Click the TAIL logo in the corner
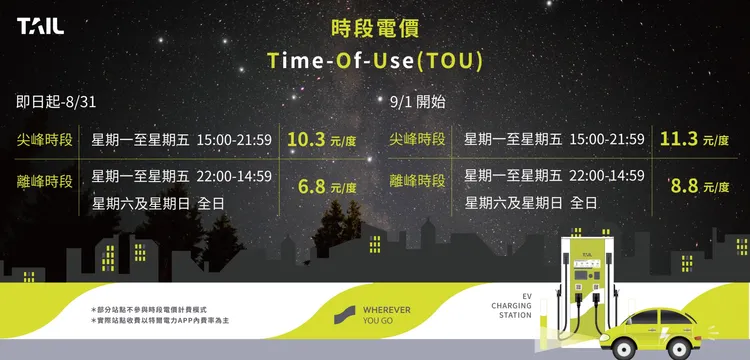click(x=41, y=26)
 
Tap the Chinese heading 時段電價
click(x=375, y=29)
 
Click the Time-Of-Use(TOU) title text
click(x=375, y=61)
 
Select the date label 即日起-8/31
click(x=56, y=102)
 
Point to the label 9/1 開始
click(x=418, y=102)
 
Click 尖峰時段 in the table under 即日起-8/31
click(x=45, y=140)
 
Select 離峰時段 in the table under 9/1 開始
click(x=418, y=181)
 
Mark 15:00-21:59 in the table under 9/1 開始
click(x=607, y=140)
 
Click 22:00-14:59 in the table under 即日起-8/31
click(x=234, y=176)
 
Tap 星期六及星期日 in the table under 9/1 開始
click(x=513, y=203)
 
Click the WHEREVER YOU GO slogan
click(x=386, y=315)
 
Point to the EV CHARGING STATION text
click(x=511, y=306)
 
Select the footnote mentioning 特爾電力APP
click(x=160, y=320)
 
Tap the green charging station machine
click(x=587, y=287)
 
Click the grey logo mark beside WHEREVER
click(x=344, y=315)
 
